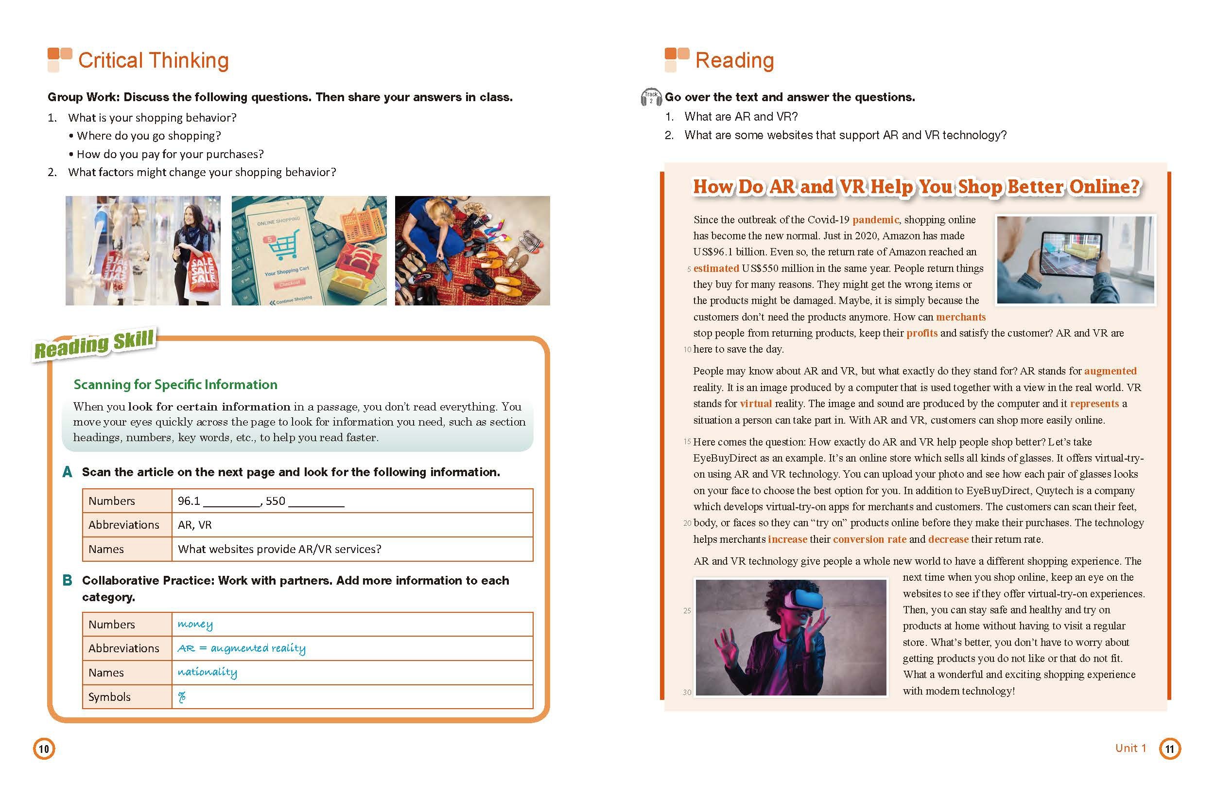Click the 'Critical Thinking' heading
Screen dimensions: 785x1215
[153, 60]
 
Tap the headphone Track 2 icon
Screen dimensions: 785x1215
[651, 97]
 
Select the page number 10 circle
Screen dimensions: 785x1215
[44, 749]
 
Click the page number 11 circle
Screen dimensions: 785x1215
[1170, 749]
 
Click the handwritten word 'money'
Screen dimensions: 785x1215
[195, 624]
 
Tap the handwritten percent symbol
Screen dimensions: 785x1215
[182, 697]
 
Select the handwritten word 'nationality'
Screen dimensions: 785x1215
[207, 672]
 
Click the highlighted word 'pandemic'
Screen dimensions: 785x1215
[875, 220]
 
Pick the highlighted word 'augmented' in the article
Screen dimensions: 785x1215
[1110, 371]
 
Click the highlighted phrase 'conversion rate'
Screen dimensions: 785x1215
[869, 539]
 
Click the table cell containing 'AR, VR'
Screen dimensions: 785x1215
[352, 524]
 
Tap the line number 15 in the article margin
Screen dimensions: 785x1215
[687, 442]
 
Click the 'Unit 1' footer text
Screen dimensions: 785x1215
[1130, 748]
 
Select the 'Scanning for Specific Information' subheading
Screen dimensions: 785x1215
[175, 384]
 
